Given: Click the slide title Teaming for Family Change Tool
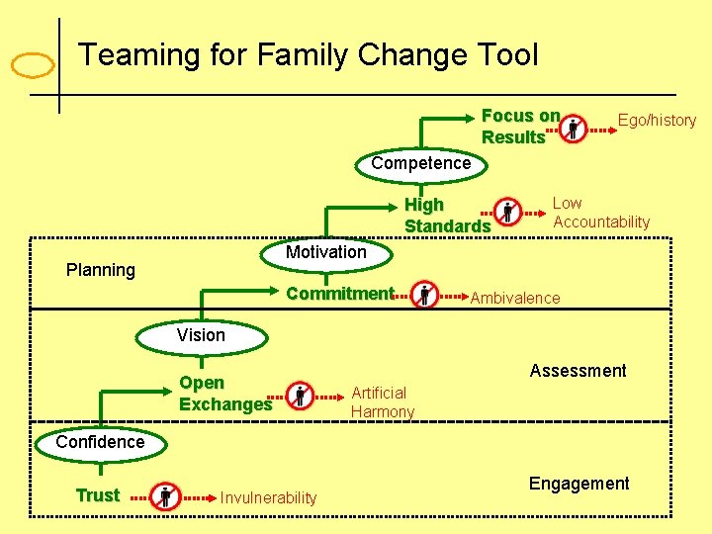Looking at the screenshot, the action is pyautogui.click(x=309, y=54).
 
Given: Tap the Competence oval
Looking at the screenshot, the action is pyautogui.click(x=421, y=163).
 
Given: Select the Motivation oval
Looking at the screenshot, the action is pyautogui.click(x=325, y=253).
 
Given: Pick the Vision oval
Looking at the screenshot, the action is pyautogui.click(x=201, y=336).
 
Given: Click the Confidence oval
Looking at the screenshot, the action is pyautogui.click(x=100, y=443).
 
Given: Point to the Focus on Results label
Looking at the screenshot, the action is pyautogui.click(x=520, y=127).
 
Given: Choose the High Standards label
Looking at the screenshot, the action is pyautogui.click(x=447, y=216).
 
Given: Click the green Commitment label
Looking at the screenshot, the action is pyautogui.click(x=339, y=294).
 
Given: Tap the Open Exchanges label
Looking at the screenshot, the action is pyautogui.click(x=224, y=394).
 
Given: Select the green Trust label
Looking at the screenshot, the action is pyautogui.click(x=98, y=495).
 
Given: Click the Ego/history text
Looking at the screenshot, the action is pyautogui.click(x=657, y=121).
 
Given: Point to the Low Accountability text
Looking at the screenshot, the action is pyautogui.click(x=601, y=213).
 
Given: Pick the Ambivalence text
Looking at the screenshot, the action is pyautogui.click(x=514, y=298).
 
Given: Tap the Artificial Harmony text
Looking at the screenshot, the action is pyautogui.click(x=383, y=402).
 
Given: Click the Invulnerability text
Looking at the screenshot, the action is pyautogui.click(x=268, y=498).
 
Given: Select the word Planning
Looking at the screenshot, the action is pyautogui.click(x=100, y=270).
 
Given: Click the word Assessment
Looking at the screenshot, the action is pyautogui.click(x=578, y=371).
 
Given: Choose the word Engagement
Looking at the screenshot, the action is pyautogui.click(x=578, y=484).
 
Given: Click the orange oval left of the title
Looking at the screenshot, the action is pyautogui.click(x=32, y=65).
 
